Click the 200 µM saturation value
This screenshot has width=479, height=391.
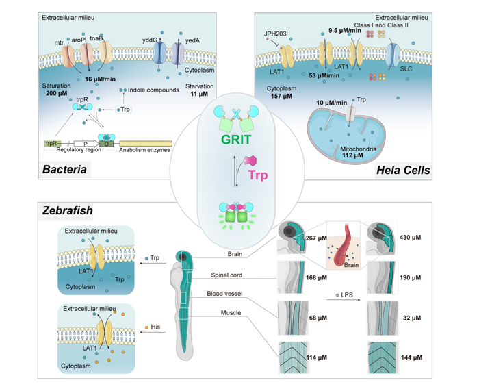click(58, 92)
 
